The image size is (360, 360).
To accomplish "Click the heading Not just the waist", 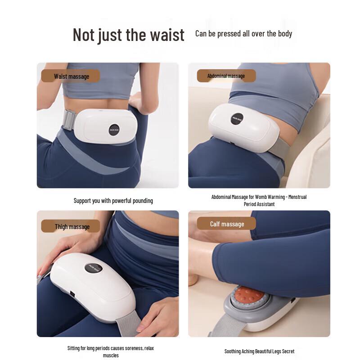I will [x=128, y=35].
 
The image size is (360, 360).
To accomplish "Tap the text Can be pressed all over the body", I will [x=243, y=34].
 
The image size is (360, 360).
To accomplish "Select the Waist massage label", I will [x=71, y=76].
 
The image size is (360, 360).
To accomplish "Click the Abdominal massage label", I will [x=226, y=76].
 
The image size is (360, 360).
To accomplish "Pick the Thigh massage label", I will [x=72, y=226].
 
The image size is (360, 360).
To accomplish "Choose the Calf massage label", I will [x=227, y=224].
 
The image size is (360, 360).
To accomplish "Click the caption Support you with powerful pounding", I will [x=113, y=201].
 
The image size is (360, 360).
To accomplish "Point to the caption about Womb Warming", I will [x=259, y=200].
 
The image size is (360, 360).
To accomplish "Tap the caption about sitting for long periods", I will [x=110, y=351].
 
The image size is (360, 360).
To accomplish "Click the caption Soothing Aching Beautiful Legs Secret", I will [x=259, y=351].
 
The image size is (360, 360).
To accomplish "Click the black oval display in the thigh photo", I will [x=93, y=268].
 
